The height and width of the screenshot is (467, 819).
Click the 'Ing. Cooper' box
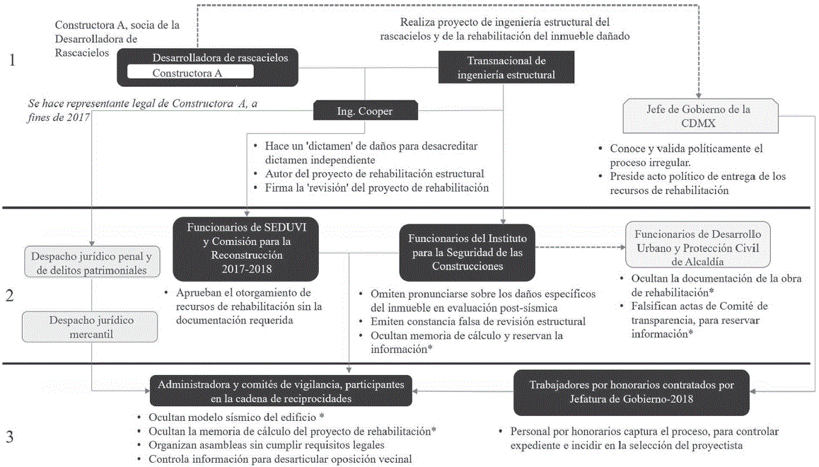point(365,110)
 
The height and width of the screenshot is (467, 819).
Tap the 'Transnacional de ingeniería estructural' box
point(506,67)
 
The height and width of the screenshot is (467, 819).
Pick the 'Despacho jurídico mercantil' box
point(91,327)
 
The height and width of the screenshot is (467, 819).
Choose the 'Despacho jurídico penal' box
point(91,262)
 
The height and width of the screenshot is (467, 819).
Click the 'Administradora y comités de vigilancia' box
point(281,390)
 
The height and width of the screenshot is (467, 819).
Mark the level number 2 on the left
point(10,295)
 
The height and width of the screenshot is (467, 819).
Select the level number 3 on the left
point(10,437)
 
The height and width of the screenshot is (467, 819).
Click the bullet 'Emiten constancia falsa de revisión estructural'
point(477,321)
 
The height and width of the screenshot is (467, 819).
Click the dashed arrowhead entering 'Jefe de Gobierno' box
point(699,95)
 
